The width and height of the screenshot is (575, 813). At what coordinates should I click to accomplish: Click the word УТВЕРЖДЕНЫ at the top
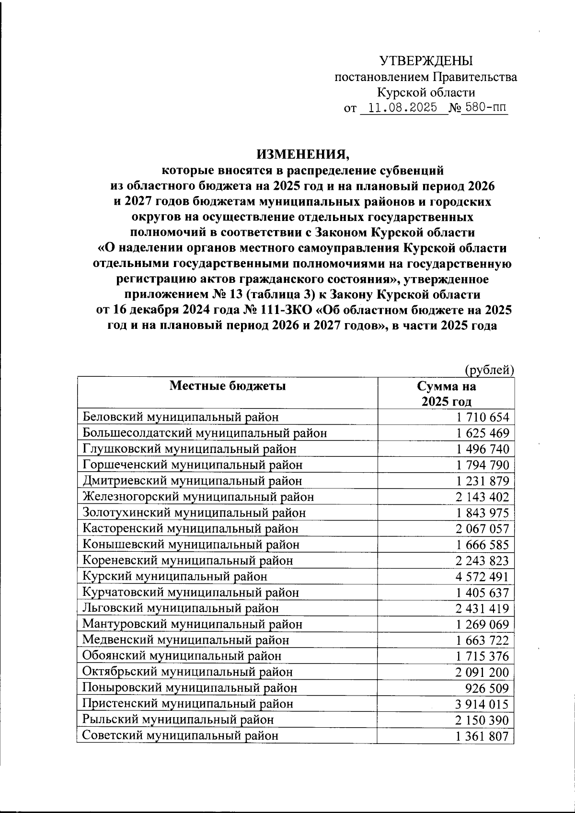click(x=425, y=61)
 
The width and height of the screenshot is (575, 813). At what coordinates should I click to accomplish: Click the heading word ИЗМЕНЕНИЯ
click(x=303, y=154)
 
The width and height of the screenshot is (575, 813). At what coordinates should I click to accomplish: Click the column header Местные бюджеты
click(x=227, y=386)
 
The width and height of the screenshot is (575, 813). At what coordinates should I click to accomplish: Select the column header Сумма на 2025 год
click(x=446, y=394)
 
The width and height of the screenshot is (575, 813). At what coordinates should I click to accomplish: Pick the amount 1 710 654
click(x=483, y=418)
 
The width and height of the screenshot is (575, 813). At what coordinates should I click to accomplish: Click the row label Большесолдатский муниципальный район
click(x=205, y=433)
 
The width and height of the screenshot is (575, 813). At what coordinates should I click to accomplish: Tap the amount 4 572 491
click(x=483, y=577)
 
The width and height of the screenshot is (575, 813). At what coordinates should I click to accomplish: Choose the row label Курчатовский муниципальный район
click(x=191, y=592)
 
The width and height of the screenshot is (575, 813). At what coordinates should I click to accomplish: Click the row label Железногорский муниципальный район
click(x=198, y=497)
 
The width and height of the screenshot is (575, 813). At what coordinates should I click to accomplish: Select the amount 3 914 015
click(x=483, y=704)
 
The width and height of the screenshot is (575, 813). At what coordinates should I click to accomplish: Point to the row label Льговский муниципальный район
click(x=180, y=608)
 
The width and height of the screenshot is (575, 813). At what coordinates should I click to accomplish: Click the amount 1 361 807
click(x=483, y=736)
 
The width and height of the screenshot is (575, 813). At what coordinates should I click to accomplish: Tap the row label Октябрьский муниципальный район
click(x=187, y=672)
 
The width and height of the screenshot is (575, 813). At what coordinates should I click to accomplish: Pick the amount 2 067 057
click(x=483, y=529)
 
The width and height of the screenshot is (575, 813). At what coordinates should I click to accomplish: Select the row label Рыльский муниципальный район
click(x=178, y=720)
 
